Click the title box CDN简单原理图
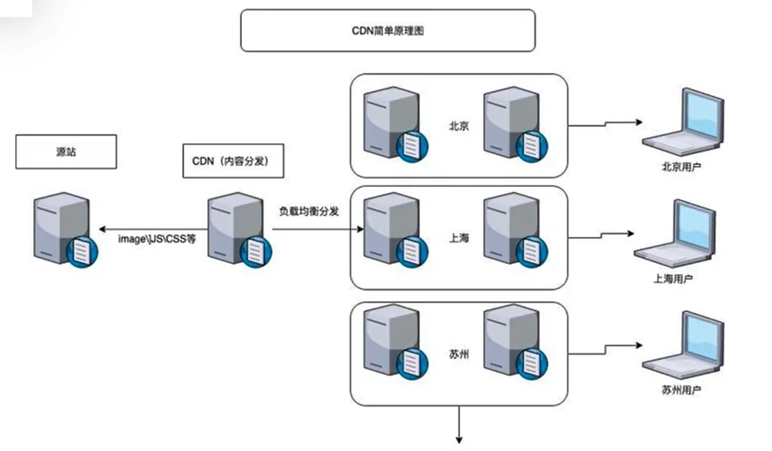pyautogui.click(x=388, y=30)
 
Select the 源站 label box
pyautogui.click(x=66, y=152)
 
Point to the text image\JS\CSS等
pyautogui.click(x=157, y=238)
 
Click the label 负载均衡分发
pyautogui.click(x=308, y=211)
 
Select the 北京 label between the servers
pyautogui.click(x=459, y=126)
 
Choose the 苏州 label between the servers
pyautogui.click(x=459, y=353)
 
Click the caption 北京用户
pyautogui.click(x=682, y=165)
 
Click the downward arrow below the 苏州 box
pyautogui.click(x=457, y=426)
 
